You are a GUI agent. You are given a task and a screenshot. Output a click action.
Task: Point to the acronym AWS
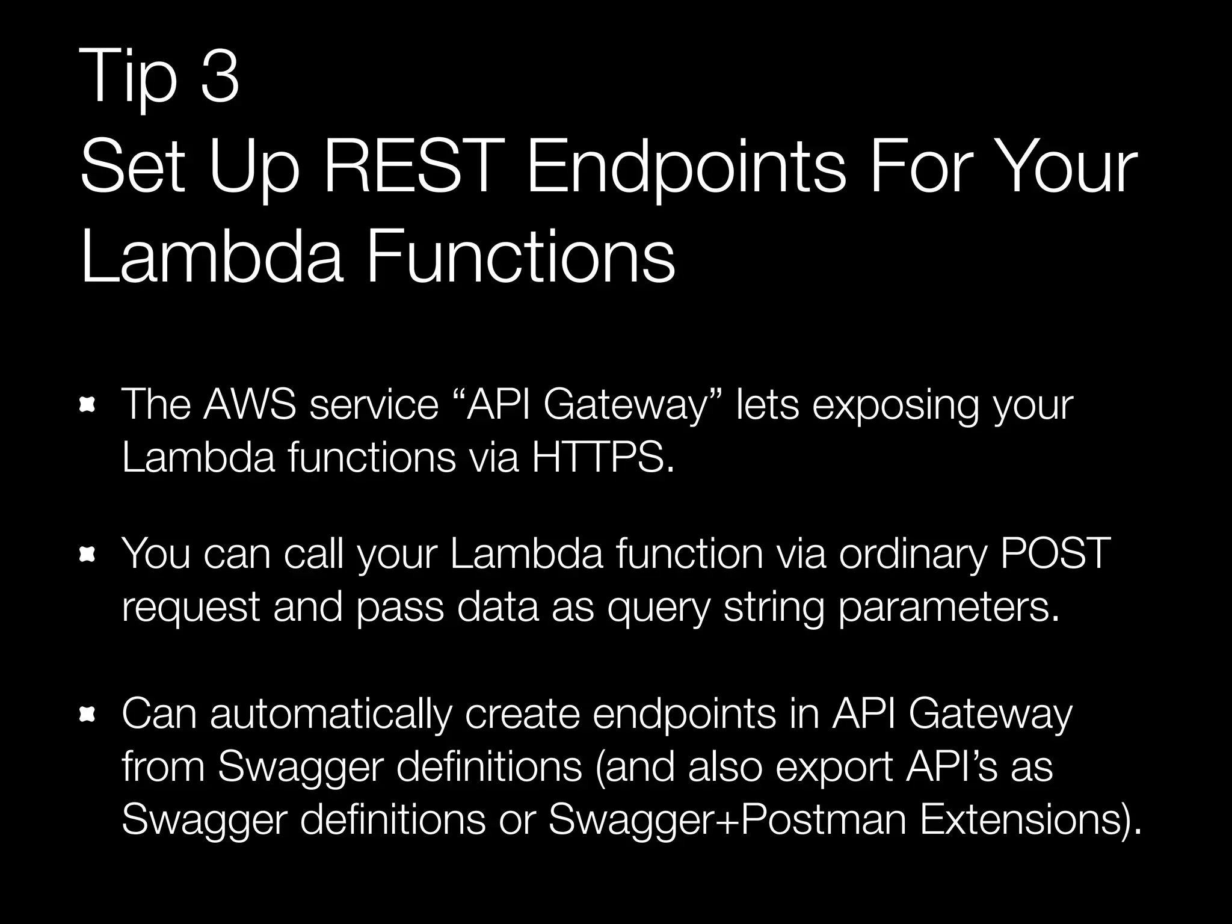(x=250, y=404)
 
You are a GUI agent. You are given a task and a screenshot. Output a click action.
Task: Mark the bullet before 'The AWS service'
(x=88, y=407)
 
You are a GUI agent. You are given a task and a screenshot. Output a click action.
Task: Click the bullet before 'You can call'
(x=88, y=555)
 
